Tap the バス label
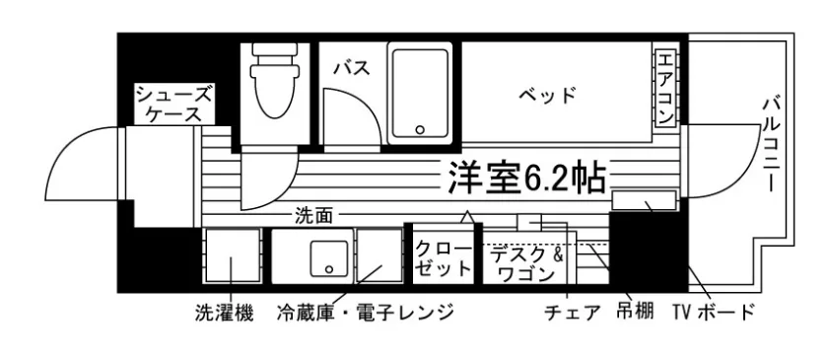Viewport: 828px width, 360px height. (351, 69)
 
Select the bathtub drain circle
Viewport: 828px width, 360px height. (420, 129)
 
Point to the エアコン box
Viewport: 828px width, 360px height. (665, 89)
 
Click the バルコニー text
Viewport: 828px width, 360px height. (773, 143)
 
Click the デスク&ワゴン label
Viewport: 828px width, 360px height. (528, 263)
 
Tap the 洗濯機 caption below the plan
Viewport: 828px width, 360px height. (223, 314)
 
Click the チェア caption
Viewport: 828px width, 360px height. (572, 314)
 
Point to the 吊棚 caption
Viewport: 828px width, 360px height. (636, 314)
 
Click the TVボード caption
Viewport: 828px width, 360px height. (713, 314)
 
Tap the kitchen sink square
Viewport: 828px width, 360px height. (325, 258)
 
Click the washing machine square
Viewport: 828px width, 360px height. (233, 258)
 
